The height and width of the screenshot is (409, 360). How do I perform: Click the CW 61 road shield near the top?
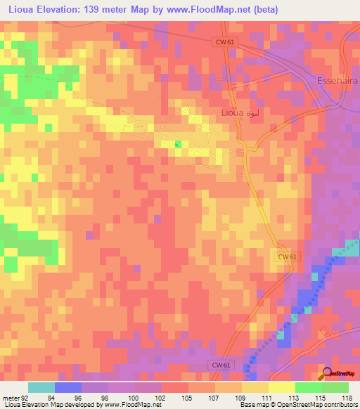click(224, 43)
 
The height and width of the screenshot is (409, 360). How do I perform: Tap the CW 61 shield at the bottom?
click(221, 365)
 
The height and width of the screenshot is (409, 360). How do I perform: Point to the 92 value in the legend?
click(27, 397)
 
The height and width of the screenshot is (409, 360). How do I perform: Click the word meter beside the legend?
click(11, 397)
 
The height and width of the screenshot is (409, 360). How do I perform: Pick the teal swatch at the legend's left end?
click(41, 387)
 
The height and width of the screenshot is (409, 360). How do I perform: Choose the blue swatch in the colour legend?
click(68, 387)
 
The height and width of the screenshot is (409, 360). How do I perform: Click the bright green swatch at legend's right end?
click(335, 387)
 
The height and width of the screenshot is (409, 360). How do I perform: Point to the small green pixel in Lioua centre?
click(177, 144)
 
